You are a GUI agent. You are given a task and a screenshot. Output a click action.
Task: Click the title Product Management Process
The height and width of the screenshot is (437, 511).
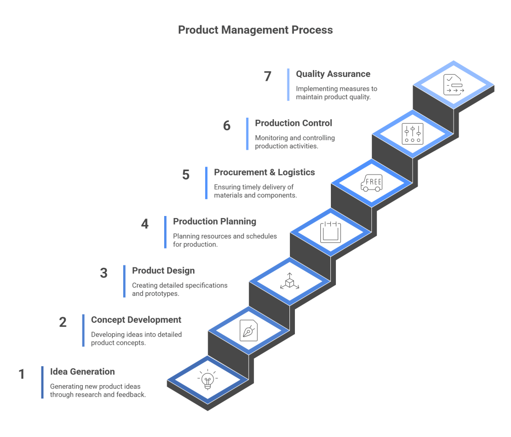click(255, 30)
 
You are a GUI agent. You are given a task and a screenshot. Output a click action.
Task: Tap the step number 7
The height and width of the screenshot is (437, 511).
click(268, 76)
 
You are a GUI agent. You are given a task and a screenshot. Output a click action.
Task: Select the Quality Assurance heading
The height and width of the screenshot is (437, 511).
click(333, 74)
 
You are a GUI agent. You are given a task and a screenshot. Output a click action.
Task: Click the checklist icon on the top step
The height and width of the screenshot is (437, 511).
click(453, 84)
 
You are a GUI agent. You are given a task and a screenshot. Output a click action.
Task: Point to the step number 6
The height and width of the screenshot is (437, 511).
click(227, 125)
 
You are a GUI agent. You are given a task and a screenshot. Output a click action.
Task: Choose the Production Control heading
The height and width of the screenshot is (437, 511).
click(293, 123)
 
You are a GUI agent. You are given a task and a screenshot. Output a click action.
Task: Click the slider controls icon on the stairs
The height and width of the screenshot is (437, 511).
click(412, 133)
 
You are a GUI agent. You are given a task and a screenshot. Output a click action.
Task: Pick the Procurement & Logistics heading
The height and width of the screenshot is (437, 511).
click(264, 172)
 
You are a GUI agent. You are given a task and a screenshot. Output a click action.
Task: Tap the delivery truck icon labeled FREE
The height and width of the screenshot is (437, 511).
click(371, 183)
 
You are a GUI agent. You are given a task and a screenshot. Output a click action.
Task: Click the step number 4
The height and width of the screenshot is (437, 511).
click(145, 224)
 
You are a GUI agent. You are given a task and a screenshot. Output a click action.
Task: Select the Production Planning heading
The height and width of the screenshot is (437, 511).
click(215, 221)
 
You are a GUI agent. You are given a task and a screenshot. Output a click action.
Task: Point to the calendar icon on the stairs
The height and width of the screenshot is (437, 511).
click(330, 232)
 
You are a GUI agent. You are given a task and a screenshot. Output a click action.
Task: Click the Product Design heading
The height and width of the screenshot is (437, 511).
click(163, 270)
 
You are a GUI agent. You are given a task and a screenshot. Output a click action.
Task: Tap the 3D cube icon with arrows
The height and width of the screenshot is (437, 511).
click(289, 282)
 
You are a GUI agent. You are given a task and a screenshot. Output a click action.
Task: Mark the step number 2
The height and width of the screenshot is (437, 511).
click(63, 322)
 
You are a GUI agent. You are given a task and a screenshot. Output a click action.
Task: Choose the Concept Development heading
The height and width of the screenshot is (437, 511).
click(136, 320)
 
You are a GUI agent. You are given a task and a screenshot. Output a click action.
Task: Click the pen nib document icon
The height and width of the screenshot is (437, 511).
click(249, 330)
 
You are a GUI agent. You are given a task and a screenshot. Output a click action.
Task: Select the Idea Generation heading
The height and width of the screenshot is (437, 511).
click(82, 372)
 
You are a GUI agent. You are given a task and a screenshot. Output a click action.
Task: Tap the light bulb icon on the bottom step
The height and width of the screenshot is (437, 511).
click(208, 381)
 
